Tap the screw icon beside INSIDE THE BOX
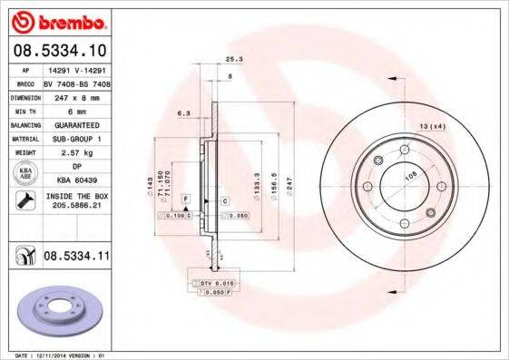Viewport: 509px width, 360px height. pos(25,200)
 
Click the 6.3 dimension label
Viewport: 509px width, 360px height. pos(182,113)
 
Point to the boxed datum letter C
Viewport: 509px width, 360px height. pos(223,199)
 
